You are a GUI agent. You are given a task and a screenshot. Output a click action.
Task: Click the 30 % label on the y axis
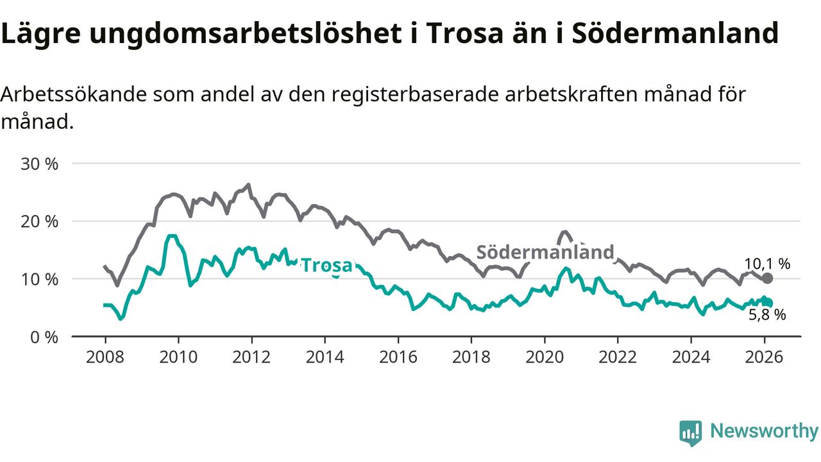point(40,164)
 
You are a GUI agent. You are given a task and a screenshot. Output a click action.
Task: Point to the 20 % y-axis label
point(40,221)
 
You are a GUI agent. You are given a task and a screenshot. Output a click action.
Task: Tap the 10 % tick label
point(40,279)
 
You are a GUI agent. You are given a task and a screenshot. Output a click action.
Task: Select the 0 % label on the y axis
point(44,337)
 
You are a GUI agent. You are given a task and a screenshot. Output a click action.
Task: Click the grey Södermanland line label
point(545,252)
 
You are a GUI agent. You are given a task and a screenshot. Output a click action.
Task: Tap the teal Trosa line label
point(326,265)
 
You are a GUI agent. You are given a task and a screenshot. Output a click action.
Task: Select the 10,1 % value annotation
point(767,263)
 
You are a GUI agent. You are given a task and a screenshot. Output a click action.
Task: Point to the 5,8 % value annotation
point(767,314)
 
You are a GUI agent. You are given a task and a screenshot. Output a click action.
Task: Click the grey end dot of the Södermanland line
point(767,278)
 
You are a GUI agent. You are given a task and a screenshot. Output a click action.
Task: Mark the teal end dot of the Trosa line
point(767,303)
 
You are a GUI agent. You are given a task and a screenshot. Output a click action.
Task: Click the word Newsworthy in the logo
point(764,431)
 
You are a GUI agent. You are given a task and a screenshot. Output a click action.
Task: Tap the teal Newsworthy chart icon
point(691,432)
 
